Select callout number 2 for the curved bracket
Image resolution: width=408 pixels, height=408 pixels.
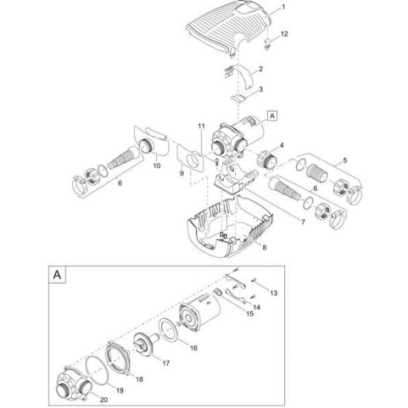tap(260, 70)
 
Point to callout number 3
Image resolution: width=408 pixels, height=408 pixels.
tap(260, 90)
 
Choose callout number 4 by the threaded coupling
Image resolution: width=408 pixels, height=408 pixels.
tap(282, 145)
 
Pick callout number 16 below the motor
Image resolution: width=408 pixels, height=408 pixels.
tap(194, 349)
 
